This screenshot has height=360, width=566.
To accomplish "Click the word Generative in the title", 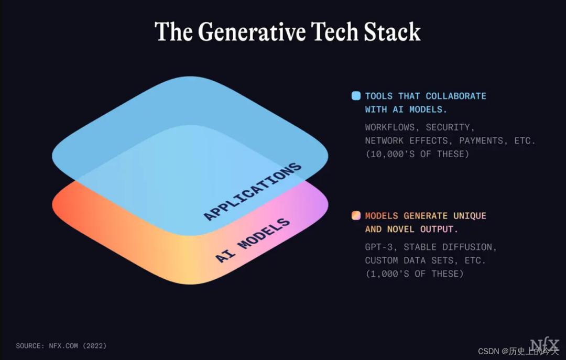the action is coord(252,32).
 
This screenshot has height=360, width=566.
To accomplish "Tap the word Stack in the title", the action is coord(392,32).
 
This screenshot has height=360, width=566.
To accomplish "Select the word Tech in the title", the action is coord(334,32).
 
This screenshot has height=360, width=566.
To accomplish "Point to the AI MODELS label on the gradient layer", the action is coord(253,240).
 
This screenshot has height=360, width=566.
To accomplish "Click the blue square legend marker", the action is coord(356,96).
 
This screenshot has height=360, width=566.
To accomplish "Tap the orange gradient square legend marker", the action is coord(356,215).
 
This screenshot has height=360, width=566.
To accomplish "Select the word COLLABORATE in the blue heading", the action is coord(456,96).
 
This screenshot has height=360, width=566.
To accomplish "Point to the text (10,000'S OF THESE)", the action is coord(417,154).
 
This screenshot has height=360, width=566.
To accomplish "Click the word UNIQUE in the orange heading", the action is coord(470,215).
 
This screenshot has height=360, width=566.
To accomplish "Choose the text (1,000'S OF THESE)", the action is coord(415,274).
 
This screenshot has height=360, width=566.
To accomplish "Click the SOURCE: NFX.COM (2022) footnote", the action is coord(61,345).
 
